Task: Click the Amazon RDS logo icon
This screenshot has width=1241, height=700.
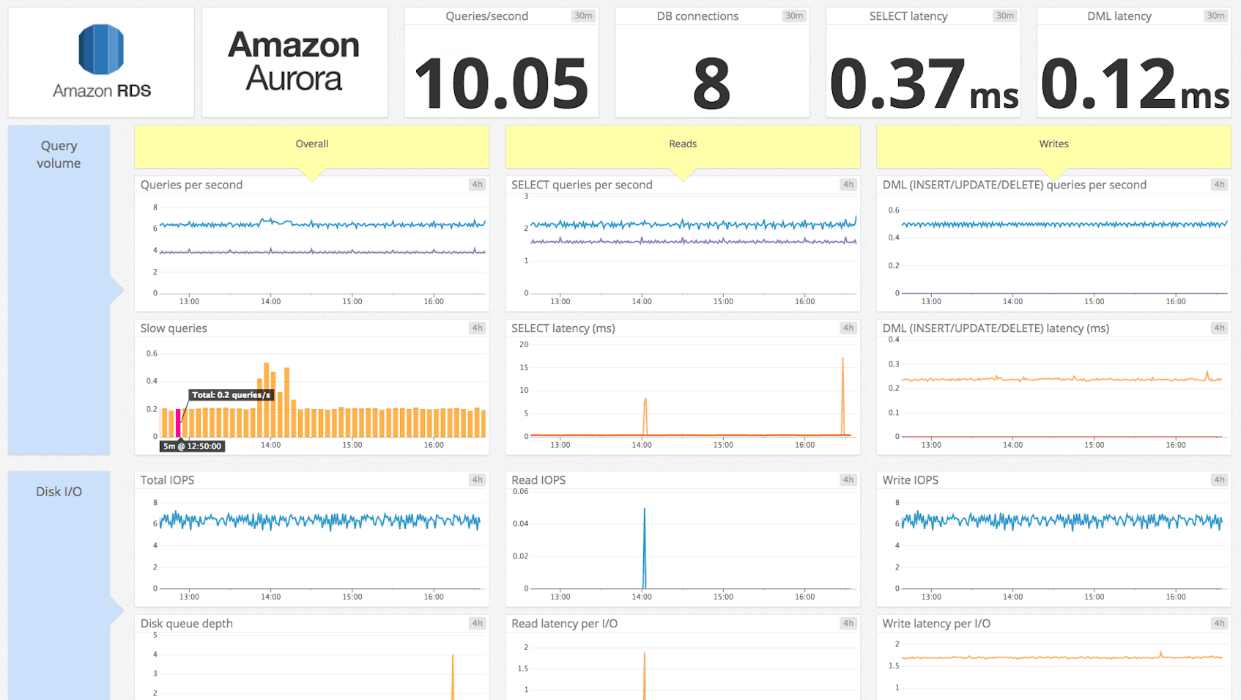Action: (x=101, y=49)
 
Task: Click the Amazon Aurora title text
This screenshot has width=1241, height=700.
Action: (x=294, y=62)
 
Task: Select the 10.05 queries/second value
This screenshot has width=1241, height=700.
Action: (x=501, y=84)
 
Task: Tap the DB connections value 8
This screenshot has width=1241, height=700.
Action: (x=711, y=84)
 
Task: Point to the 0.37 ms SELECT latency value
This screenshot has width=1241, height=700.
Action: (x=923, y=84)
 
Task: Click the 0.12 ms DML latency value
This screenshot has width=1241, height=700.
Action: (x=1134, y=84)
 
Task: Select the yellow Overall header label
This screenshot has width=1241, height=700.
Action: (x=311, y=144)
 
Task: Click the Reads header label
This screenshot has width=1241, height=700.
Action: (x=683, y=144)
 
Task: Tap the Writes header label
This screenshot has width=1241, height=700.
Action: (x=1053, y=144)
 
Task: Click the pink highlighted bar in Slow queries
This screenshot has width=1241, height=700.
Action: (x=178, y=423)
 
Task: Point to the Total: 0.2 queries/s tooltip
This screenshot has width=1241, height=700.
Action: (x=231, y=395)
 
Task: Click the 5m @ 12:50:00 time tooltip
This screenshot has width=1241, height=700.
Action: (x=192, y=446)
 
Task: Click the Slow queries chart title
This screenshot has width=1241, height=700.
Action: (x=174, y=328)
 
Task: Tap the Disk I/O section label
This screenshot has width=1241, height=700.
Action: (x=59, y=492)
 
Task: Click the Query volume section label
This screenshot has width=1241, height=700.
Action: (x=59, y=155)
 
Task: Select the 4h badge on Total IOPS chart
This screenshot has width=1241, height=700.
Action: (x=477, y=480)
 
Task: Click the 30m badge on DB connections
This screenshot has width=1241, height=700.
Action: (x=794, y=16)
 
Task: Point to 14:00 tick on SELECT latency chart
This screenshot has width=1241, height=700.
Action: (x=642, y=445)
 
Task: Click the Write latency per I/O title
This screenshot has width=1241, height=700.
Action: (x=936, y=624)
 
